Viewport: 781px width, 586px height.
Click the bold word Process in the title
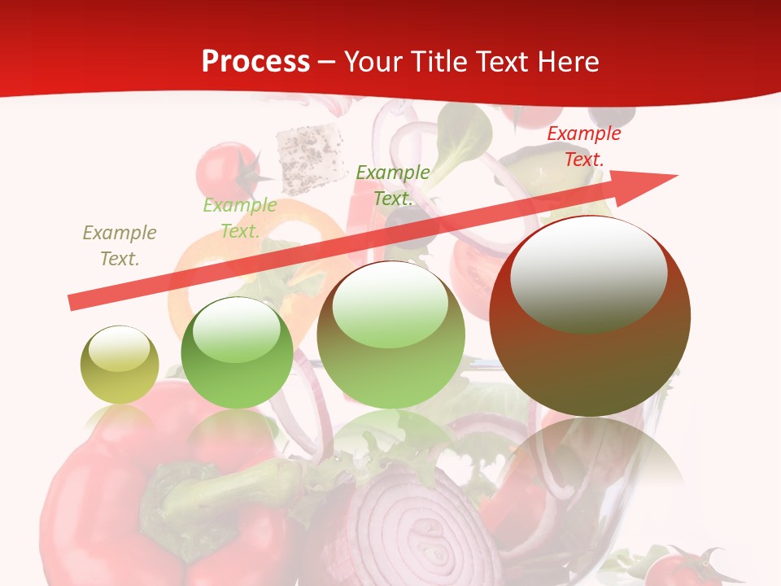pyautogui.click(x=255, y=61)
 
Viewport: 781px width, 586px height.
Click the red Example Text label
pyautogui.click(x=583, y=146)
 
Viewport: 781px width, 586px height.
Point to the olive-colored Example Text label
pyautogui.click(x=120, y=246)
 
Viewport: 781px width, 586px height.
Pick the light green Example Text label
pyautogui.click(x=239, y=218)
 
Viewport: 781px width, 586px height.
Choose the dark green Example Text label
pyautogui.click(x=393, y=186)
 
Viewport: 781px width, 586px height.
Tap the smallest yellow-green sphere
pyautogui.click(x=120, y=365)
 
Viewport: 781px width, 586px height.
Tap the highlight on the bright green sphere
pyautogui.click(x=237, y=330)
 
